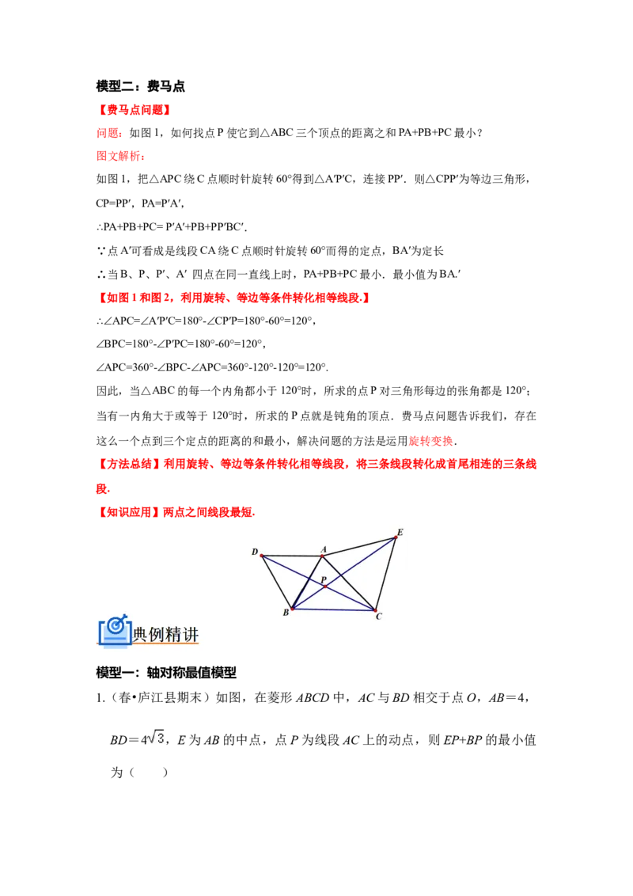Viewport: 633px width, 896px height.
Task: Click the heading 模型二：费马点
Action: [141, 86]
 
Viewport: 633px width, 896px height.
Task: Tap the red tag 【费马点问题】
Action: [135, 110]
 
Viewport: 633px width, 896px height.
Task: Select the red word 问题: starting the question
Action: [108, 133]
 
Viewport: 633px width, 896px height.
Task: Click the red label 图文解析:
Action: [120, 156]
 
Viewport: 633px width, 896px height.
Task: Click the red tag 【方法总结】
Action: [129, 464]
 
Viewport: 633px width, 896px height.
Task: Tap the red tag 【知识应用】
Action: [129, 512]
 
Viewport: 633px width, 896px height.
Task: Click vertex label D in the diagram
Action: [255, 552]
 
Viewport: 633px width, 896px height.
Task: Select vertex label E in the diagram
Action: [400, 533]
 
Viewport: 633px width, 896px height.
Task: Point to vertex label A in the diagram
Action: [324, 549]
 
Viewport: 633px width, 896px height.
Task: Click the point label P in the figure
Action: [324, 579]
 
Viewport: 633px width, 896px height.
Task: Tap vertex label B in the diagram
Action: [286, 613]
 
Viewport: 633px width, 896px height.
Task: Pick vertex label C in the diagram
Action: [379, 616]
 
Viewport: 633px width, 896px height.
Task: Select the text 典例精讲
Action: [165, 634]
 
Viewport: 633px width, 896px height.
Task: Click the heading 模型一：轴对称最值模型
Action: [166, 673]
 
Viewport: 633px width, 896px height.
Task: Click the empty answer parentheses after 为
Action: [149, 773]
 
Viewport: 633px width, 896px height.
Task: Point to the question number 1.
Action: [100, 698]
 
